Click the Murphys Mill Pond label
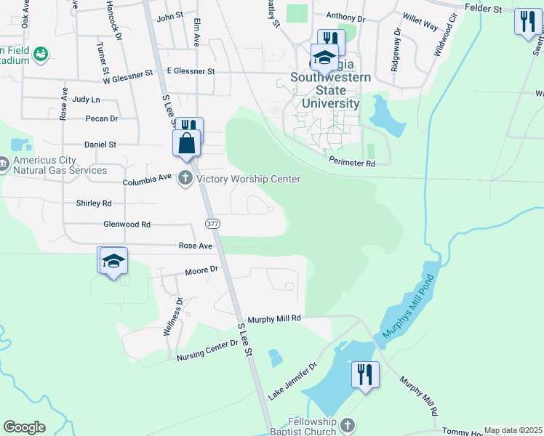(x=408, y=307)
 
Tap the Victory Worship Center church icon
(x=185, y=178)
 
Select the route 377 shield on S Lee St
(x=212, y=223)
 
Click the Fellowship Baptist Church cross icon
(x=347, y=424)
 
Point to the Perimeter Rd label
(x=351, y=163)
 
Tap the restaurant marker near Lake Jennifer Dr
(x=364, y=375)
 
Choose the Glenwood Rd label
(x=127, y=225)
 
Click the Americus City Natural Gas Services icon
(x=4, y=165)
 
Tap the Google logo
(x=24, y=427)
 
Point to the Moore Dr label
(x=201, y=270)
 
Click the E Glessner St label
(x=191, y=71)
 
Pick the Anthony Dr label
(x=345, y=16)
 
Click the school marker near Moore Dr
(x=114, y=261)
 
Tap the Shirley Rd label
(x=94, y=203)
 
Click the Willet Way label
(x=420, y=22)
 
